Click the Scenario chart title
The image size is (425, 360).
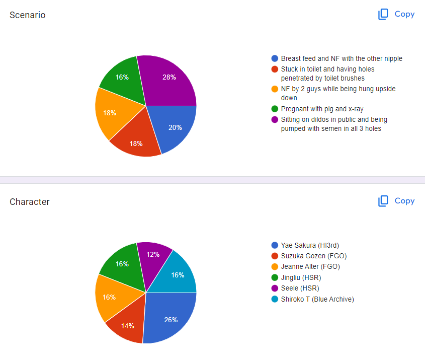pyautogui.click(x=28, y=15)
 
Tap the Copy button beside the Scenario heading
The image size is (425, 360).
pyautogui.click(x=396, y=14)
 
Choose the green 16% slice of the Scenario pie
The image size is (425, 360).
pyautogui.click(x=122, y=78)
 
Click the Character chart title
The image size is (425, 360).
pyautogui.click(x=30, y=202)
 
